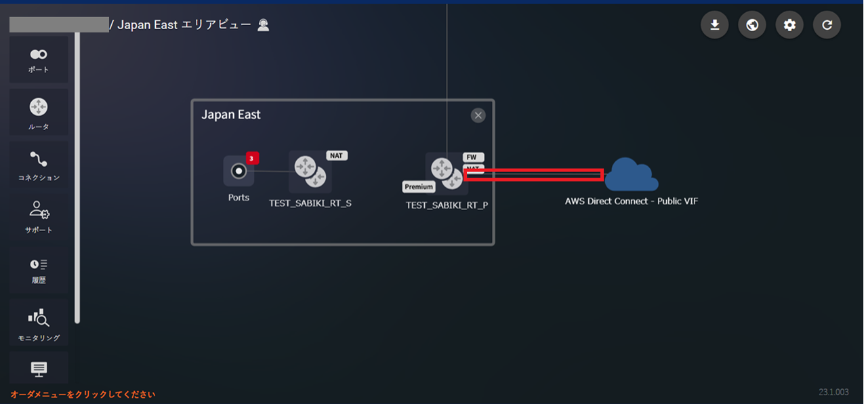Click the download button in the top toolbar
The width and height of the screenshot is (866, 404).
pos(714,26)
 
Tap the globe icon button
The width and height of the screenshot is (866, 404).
pos(751,26)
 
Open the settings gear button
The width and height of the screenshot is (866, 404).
pos(789,26)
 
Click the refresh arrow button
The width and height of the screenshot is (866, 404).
pos(827,26)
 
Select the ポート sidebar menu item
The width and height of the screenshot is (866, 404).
pos(39,60)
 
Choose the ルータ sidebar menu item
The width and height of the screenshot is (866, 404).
pos(39,113)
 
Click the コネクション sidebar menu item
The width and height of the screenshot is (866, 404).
pos(39,165)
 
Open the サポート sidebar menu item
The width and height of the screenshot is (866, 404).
pos(39,217)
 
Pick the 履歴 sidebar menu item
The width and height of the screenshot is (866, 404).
pos(39,270)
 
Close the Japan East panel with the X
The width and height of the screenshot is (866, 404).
pos(478,115)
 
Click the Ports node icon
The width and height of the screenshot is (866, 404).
pos(239,171)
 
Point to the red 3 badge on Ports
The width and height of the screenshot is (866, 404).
pos(251,159)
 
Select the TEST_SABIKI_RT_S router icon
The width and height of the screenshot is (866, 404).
pos(310,171)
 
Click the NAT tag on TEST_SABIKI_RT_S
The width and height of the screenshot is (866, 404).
pos(337,155)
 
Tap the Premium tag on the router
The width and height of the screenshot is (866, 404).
pos(419,186)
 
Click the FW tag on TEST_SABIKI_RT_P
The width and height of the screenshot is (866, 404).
pos(472,157)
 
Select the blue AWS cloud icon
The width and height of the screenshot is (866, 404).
pos(631,175)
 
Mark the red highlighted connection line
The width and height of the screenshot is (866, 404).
pos(533,175)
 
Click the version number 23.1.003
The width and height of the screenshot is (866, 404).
pos(834,392)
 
